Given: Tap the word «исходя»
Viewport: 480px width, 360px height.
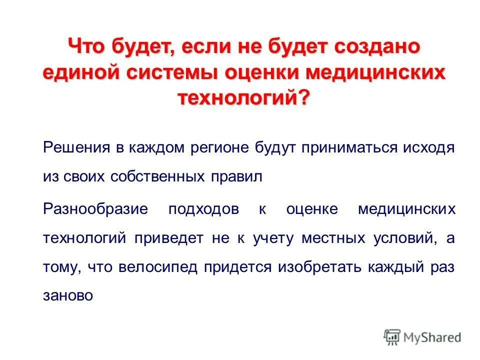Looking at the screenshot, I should tap(429, 148).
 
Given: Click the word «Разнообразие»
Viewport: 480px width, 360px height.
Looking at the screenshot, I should tap(95, 208).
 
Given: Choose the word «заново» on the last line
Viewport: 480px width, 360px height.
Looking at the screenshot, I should tap(68, 295).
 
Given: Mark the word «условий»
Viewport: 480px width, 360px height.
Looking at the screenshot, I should tap(401, 237).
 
